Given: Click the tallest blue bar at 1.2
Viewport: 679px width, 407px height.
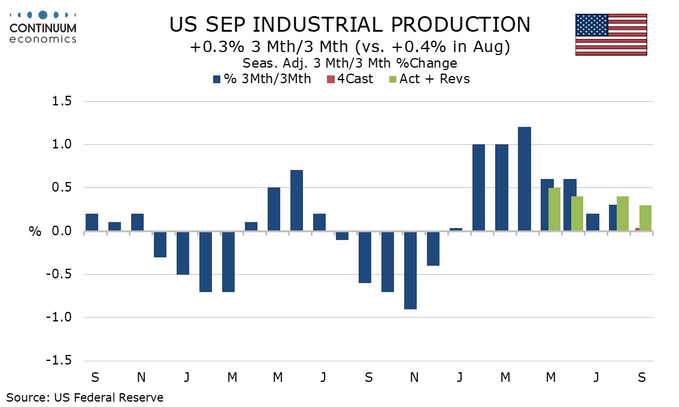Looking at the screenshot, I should tap(525, 179).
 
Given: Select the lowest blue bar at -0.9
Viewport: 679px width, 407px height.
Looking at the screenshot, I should tap(411, 270).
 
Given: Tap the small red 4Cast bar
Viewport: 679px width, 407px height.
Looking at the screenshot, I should tap(637, 229).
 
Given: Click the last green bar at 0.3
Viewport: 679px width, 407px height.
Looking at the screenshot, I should tap(645, 218).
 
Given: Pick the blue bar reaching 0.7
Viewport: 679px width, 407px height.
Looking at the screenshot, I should tap(296, 201).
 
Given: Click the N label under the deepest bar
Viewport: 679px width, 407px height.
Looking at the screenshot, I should tap(414, 378).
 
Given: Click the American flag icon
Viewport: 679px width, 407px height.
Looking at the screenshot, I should tap(611, 35).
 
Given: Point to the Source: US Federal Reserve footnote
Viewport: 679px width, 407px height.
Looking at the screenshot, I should tap(84, 397).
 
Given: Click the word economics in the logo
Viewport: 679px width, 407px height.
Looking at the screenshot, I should tap(44, 39).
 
